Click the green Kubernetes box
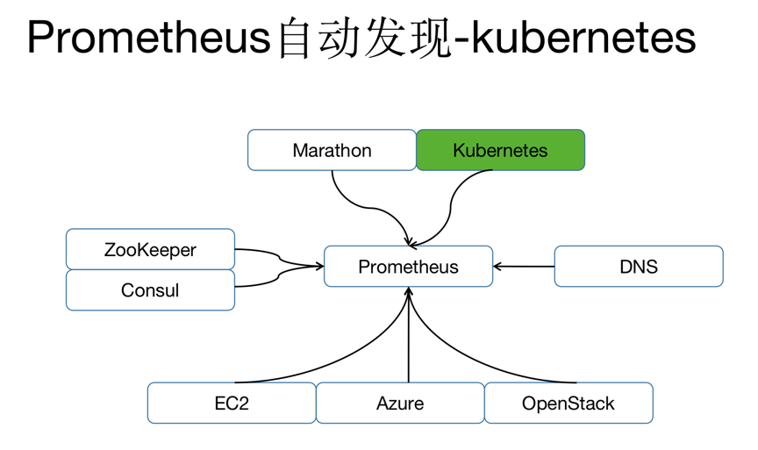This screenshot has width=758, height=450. [500, 150]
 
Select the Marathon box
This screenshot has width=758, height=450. [332, 150]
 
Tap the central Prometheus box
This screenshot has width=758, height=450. [409, 267]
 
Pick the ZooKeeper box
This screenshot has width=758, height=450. [150, 249]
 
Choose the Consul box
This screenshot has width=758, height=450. [150, 290]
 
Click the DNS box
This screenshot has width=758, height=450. [639, 267]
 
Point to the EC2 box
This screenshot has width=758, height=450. [232, 404]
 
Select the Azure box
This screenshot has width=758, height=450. [400, 404]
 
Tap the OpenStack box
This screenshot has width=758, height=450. [568, 404]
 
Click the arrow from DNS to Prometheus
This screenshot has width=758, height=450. [524, 267]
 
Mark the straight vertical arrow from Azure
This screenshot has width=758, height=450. [409, 335]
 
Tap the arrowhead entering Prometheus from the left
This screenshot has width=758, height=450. [319, 266]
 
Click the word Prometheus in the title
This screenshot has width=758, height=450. [148, 38]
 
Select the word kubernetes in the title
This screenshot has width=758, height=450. [583, 37]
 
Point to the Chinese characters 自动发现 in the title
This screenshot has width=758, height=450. [364, 38]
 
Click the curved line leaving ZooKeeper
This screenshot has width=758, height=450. [279, 259]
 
